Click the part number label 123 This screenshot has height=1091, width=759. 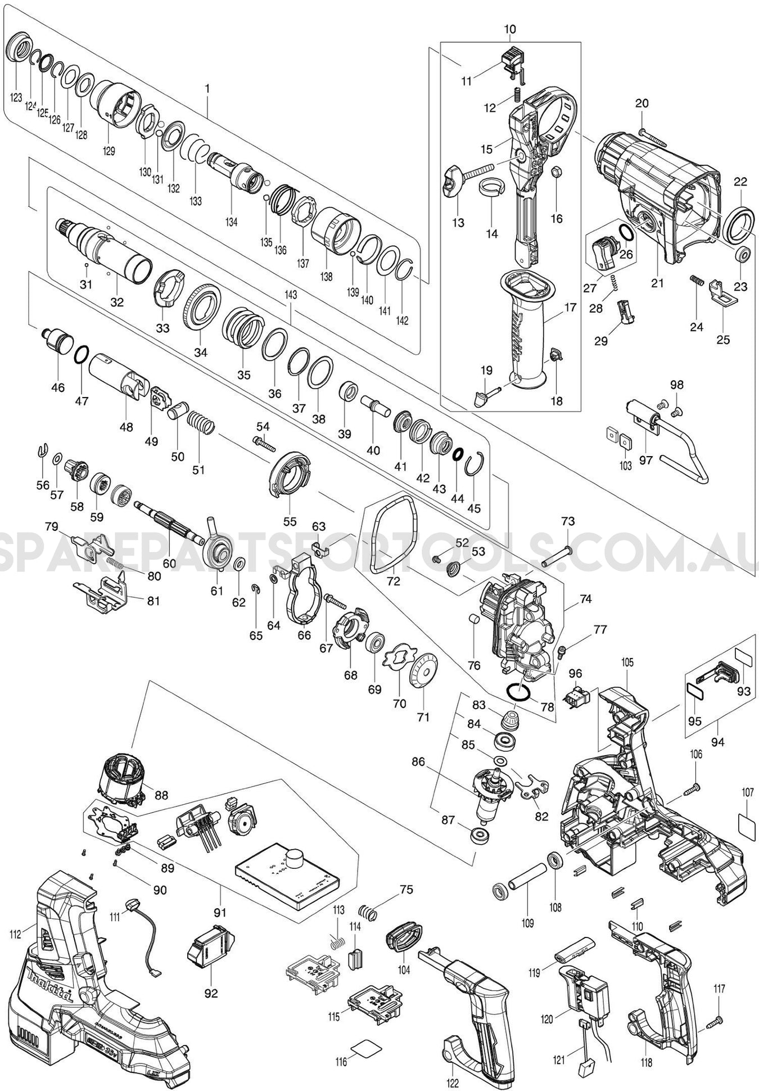coord(16,97)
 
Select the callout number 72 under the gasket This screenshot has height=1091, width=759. coord(393,581)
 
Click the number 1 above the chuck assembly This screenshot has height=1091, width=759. coord(207,88)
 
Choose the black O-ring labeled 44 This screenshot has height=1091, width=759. coord(458,453)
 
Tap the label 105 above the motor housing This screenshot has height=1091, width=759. coord(627,662)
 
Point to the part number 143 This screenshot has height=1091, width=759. coord(291,295)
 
